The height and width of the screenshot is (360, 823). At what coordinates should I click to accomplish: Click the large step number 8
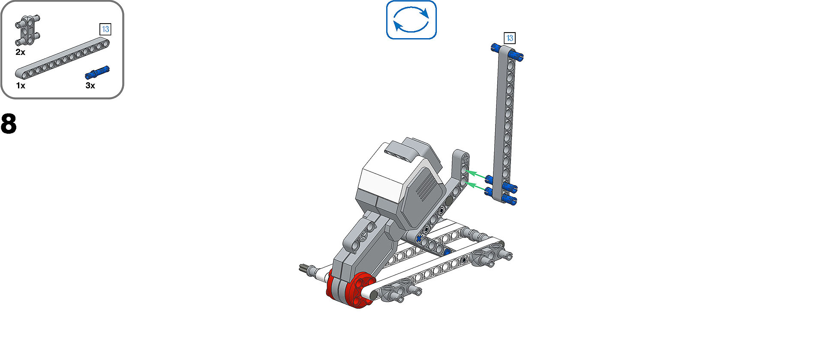(9, 124)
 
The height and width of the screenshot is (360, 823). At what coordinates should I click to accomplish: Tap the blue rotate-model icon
(411, 20)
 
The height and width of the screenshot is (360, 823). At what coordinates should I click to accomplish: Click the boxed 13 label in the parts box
(105, 29)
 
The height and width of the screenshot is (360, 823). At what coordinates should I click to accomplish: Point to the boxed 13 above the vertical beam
(510, 38)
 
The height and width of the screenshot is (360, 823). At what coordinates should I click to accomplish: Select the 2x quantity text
(20, 52)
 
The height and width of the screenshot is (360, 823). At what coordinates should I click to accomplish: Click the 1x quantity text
(21, 86)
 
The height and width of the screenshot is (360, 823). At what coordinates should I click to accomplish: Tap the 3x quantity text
(90, 85)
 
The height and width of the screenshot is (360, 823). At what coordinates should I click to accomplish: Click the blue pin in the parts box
(97, 72)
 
